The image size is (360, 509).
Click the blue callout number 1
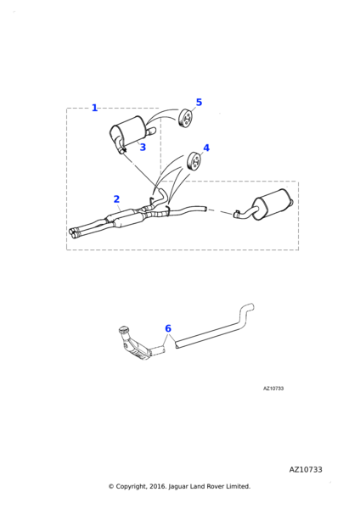pos(94,108)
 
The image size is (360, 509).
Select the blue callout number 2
pos(116,199)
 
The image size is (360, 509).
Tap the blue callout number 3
pos(143,147)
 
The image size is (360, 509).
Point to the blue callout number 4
pos(206,148)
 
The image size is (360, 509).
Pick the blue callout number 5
pos(199,103)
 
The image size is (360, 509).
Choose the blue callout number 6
pos(168,328)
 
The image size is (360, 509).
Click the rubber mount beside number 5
pos(186,119)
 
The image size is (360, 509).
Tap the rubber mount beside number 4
pos(194,160)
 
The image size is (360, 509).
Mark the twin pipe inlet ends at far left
pos(74,232)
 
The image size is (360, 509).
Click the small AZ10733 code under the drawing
pos(273,389)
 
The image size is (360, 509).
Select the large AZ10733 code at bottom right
pos(306,469)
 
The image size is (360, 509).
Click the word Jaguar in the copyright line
pos(178,486)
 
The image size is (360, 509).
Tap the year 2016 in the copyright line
pos(157,486)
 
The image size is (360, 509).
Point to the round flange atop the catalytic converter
pos(123,329)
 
